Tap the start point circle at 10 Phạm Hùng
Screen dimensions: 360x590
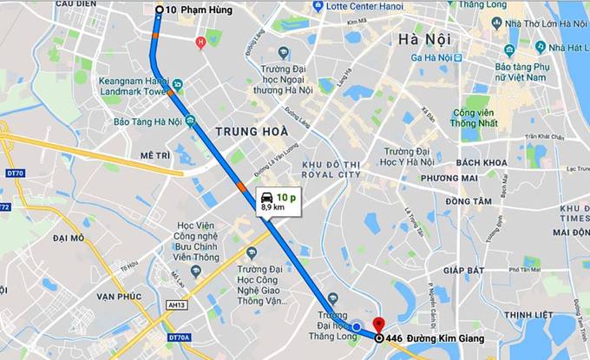click(x=159, y=10)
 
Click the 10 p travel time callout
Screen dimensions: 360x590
click(x=279, y=203)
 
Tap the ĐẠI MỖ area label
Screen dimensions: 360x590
click(x=69, y=237)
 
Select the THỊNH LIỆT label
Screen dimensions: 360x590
click(x=528, y=314)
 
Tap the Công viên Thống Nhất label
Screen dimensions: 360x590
click(x=479, y=117)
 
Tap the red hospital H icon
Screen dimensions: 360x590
click(x=200, y=41)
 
